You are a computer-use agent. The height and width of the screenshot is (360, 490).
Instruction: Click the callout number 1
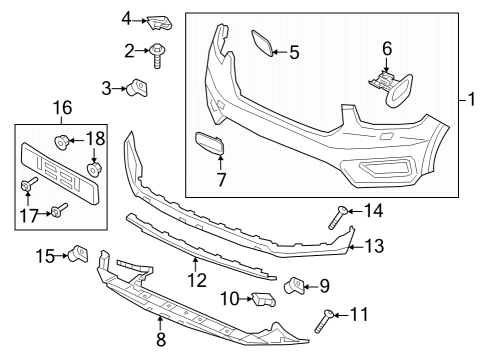click(476, 100)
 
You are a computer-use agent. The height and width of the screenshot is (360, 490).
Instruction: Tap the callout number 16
click(62, 106)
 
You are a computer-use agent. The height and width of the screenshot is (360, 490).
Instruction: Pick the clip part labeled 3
click(139, 90)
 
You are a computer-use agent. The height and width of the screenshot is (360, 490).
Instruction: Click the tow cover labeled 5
click(263, 42)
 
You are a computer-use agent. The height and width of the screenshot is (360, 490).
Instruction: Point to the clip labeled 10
click(262, 298)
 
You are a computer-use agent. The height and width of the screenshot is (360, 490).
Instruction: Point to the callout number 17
click(29, 214)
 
